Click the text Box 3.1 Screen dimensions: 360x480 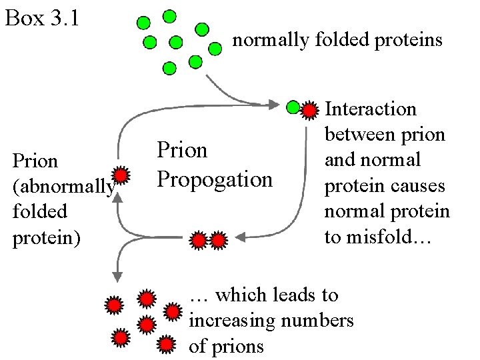point(42,18)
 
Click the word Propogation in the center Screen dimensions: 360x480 point(214,179)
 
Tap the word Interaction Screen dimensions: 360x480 point(370,109)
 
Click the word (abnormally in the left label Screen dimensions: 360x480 point(63,187)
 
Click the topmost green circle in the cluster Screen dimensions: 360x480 point(171,15)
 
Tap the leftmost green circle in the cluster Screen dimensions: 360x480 point(143,23)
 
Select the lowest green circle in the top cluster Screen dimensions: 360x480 point(170,68)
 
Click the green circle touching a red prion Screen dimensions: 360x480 point(293,107)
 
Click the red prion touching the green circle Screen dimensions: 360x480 point(309,110)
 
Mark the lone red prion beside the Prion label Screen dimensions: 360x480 point(120,175)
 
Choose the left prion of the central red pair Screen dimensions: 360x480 point(199,240)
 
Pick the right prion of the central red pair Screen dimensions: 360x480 point(218,240)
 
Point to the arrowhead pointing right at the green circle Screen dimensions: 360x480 point(274,104)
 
